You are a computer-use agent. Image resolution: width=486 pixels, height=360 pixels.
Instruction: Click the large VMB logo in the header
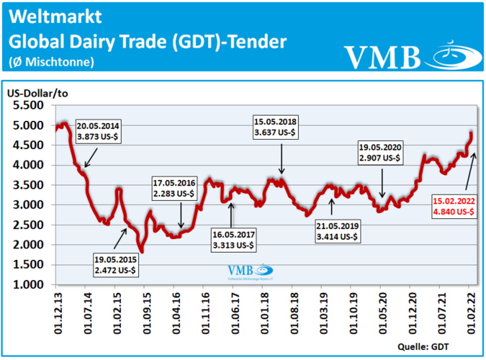412,57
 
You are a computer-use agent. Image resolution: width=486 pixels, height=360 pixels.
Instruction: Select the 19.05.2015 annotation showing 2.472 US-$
116,265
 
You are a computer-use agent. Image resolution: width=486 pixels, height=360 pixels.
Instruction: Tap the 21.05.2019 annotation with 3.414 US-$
337,231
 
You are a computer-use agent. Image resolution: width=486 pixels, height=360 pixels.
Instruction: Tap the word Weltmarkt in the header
56,16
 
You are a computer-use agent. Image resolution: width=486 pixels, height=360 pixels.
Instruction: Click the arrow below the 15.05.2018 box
282,159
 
